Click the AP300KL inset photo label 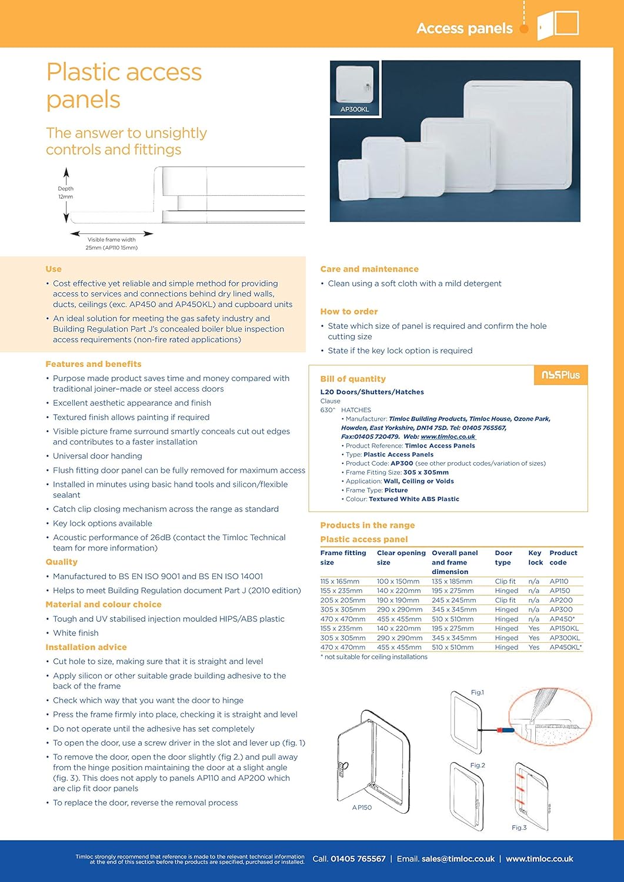click(x=355, y=109)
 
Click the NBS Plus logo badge click(x=560, y=375)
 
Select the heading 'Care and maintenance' click(x=369, y=269)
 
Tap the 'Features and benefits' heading click(x=94, y=364)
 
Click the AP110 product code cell click(x=559, y=582)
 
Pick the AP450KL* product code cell click(x=565, y=647)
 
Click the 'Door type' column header click(x=503, y=557)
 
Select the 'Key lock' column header click(x=535, y=557)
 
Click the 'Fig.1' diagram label click(x=477, y=693)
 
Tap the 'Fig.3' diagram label click(x=519, y=828)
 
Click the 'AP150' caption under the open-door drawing click(x=362, y=808)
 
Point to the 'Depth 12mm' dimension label click(x=66, y=193)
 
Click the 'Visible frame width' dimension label click(x=112, y=240)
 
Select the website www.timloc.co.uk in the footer click(x=539, y=859)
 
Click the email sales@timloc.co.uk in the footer click(x=458, y=859)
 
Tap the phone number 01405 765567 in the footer click(x=358, y=859)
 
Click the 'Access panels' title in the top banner click(x=465, y=28)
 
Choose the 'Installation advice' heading click(x=86, y=647)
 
